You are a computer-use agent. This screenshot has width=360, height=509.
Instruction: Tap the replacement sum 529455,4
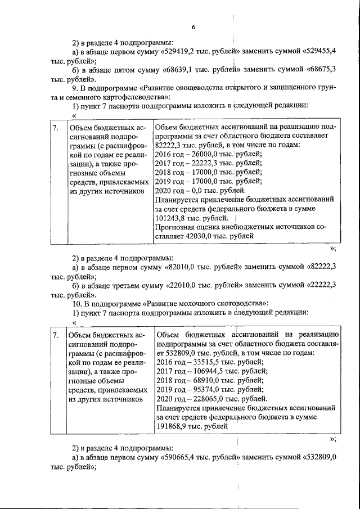point(319,51)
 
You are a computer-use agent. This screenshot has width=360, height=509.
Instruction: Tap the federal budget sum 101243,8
point(174,218)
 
